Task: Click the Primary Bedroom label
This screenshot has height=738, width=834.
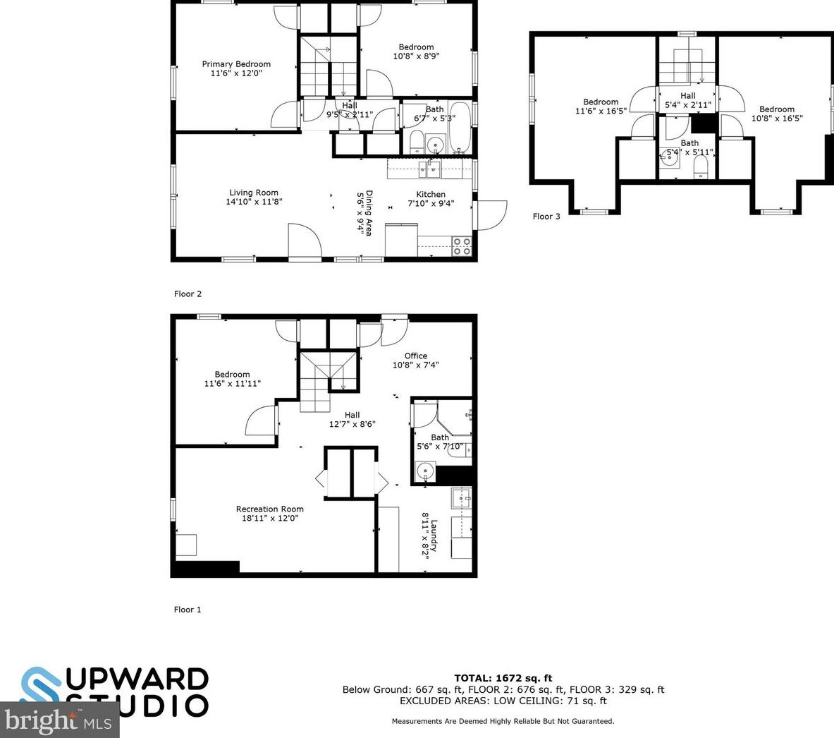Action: (x=235, y=64)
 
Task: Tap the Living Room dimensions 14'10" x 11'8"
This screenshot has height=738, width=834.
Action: (x=253, y=202)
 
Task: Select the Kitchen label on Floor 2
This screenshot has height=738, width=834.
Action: (x=430, y=194)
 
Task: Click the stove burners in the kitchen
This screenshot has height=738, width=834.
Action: (x=461, y=246)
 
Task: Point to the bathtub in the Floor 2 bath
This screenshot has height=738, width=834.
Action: (x=459, y=127)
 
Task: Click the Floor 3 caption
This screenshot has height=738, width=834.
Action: (x=546, y=217)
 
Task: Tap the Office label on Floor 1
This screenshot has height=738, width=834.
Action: (x=415, y=356)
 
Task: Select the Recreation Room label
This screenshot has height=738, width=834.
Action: (x=269, y=509)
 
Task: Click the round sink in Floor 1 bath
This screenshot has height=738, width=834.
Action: (x=424, y=471)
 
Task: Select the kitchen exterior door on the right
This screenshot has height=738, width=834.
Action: (x=492, y=215)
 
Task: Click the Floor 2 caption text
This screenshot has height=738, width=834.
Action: (x=188, y=294)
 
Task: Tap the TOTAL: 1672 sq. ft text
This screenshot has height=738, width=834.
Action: (x=503, y=679)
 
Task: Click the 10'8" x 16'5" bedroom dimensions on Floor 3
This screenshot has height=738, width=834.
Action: (x=777, y=119)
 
